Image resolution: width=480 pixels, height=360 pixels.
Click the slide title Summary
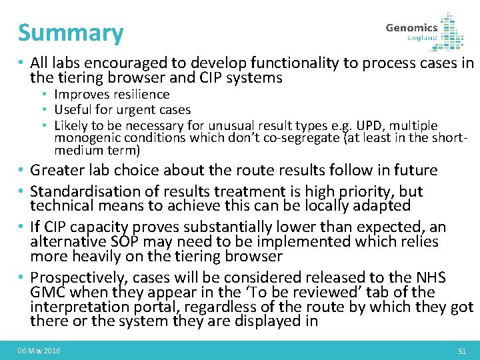71,33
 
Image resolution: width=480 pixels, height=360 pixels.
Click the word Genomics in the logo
411,27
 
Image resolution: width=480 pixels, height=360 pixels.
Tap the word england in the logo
422,38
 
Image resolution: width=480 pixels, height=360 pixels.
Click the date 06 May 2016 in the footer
39,351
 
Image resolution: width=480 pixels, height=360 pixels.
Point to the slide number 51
461,351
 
